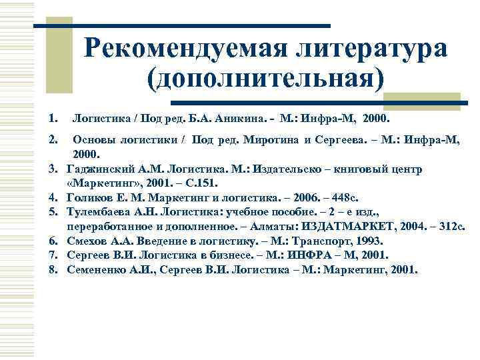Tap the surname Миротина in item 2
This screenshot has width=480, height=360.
(290, 140)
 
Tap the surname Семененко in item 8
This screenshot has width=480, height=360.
(99, 270)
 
